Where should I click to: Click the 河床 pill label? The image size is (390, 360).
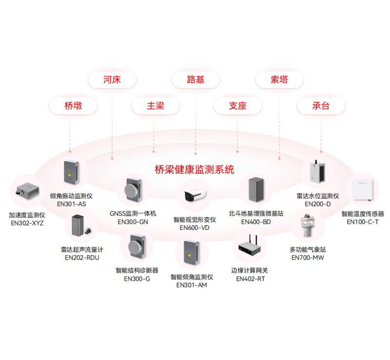click(112, 80)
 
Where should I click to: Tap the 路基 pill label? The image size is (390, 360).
click(195, 80)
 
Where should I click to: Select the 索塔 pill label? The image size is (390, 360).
click(279, 80)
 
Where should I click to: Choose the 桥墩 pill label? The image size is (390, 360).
click(73, 106)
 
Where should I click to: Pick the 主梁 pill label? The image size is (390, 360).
click(156, 106)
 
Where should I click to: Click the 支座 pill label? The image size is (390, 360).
click(237, 106)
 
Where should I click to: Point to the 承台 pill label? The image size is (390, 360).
click(321, 106)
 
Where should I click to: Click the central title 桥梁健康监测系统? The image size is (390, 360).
click(195, 170)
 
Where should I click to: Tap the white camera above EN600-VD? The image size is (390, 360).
click(195, 195)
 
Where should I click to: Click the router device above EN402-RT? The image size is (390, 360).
click(250, 246)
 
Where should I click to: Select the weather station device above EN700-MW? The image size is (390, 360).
click(308, 226)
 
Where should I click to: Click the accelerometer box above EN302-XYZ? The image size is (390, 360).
click(27, 190)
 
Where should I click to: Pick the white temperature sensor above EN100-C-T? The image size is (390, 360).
click(363, 189)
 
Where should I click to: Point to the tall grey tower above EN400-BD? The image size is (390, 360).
click(256, 189)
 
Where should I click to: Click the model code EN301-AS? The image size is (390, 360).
click(71, 204)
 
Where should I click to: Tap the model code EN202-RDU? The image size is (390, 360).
click(82, 258)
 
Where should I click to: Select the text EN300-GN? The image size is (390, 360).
click(133, 222)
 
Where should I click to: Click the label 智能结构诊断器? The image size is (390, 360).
click(137, 270)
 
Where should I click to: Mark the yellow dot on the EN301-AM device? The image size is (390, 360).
click(190, 255)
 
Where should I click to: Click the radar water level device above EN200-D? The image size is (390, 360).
click(317, 171)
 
